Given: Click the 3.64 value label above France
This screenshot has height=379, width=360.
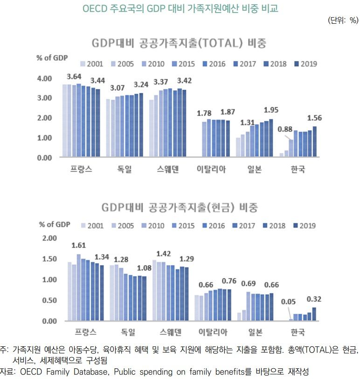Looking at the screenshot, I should click(x=75, y=76).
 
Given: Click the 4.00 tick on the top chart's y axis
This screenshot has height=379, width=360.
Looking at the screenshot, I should click(x=44, y=78).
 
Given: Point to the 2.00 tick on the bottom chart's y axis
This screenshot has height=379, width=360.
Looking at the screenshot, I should click(x=48, y=238).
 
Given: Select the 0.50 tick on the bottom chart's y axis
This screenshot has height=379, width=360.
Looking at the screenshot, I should click(x=48, y=300).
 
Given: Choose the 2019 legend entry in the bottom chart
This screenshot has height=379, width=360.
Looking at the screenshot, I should click(x=304, y=226).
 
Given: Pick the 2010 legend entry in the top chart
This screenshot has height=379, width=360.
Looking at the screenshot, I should click(x=152, y=64).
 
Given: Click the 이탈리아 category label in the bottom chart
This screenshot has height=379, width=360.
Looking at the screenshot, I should click(x=212, y=332).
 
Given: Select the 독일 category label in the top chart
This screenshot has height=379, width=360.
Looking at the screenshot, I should click(x=125, y=169).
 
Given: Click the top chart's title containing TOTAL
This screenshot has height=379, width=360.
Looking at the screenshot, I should click(x=179, y=44).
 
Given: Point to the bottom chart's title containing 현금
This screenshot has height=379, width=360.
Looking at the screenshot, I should click(x=179, y=207).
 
